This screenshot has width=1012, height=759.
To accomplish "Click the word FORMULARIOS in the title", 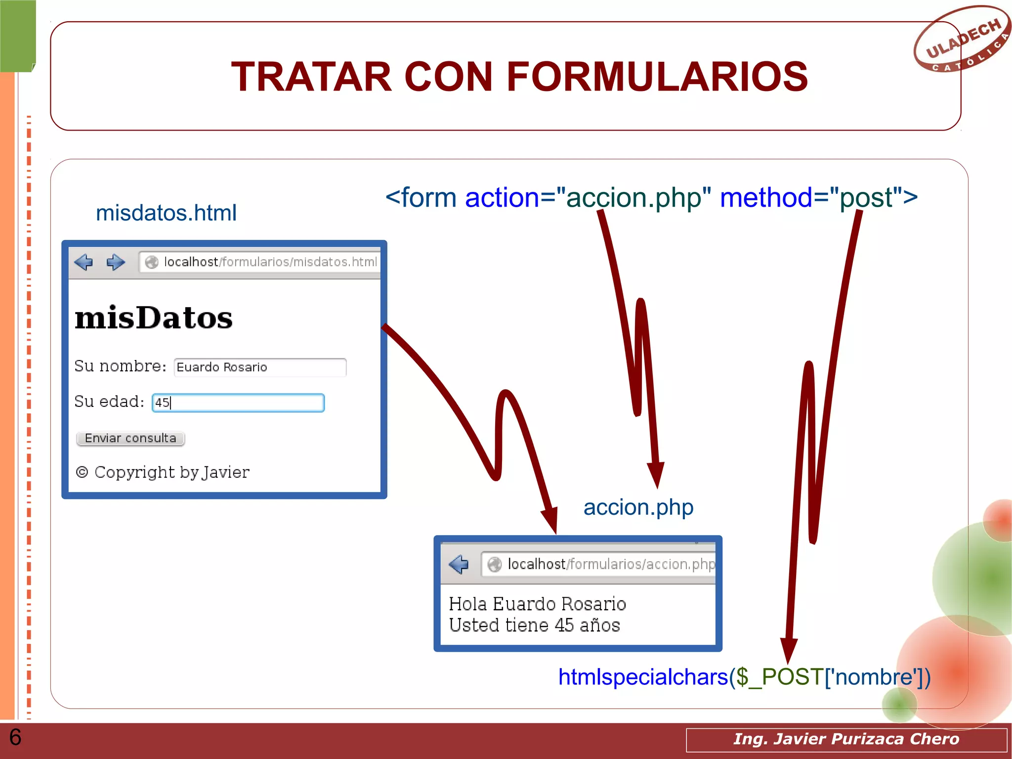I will pos(657,77).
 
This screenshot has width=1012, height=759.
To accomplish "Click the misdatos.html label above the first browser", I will pos(166,213).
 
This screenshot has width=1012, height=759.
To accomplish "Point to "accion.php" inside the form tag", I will pos(633,198).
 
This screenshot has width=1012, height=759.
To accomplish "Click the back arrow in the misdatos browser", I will pos(84,262).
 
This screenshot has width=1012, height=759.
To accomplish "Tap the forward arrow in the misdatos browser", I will pos(116,262).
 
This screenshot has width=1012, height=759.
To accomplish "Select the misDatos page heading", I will pos(154,318).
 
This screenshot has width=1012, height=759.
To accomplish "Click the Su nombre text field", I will pos(260,367).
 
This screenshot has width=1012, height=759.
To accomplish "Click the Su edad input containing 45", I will pos(238,403).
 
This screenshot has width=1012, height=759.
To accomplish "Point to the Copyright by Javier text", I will pos(163,472).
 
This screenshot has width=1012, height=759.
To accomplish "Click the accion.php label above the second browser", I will pos(638,507).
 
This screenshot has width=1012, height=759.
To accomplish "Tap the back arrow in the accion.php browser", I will pos(459,564).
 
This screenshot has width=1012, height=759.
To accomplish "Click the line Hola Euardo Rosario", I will pos(537,604).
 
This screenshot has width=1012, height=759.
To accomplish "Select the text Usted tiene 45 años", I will pos(534,625).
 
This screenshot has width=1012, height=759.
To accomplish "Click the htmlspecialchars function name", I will pos(643,677).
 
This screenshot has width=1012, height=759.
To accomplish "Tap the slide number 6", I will pos(15,737).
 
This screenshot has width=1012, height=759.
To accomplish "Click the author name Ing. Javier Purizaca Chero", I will pos(846,739).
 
